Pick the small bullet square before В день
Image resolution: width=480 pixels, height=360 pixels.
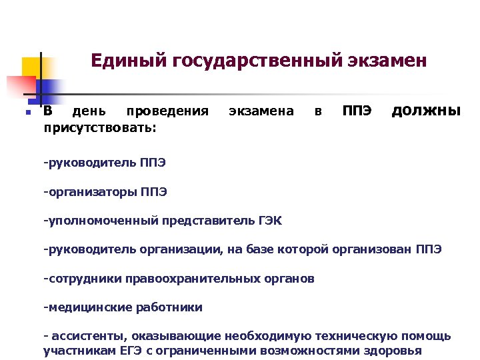pyautogui.click(x=27, y=113)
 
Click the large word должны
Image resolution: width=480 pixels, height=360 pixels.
pyautogui.click(x=425, y=110)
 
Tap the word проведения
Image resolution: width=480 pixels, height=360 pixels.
pyautogui.click(x=167, y=111)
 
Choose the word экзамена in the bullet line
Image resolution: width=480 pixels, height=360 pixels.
pyautogui.click(x=261, y=111)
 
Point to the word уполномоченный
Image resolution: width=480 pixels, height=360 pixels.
pyautogui.click(x=95, y=221)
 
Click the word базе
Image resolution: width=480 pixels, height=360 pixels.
pyautogui.click(x=252, y=249)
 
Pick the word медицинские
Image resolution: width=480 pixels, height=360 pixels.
pyautogui.click(x=83, y=307)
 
